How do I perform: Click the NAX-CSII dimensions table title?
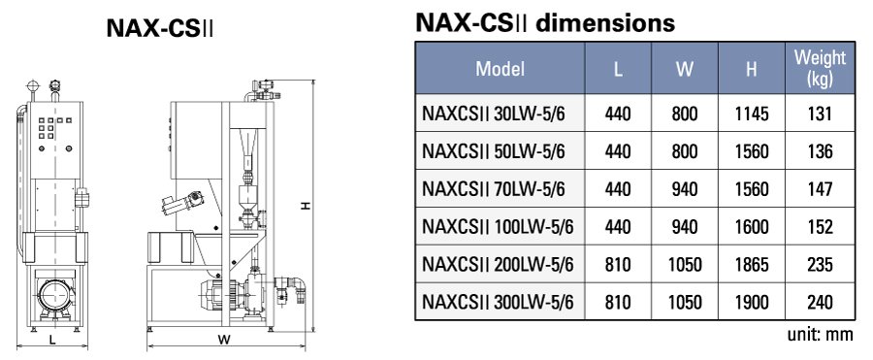(544, 22)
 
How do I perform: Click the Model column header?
(500, 69)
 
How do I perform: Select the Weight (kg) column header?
(820, 69)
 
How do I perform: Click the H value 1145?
(752, 114)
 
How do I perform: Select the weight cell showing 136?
(820, 151)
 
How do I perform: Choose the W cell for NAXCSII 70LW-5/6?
(684, 189)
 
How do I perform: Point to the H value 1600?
(752, 227)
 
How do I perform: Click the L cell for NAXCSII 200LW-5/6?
(618, 265)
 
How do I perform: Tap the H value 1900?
(752, 302)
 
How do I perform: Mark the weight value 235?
(820, 265)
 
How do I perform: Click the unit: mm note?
(824, 334)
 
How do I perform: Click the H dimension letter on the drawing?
(305, 206)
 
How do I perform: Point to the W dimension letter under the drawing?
(223, 340)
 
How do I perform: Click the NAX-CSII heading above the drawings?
(160, 29)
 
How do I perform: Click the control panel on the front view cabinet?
(47, 136)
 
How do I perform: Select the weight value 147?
(820, 189)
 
